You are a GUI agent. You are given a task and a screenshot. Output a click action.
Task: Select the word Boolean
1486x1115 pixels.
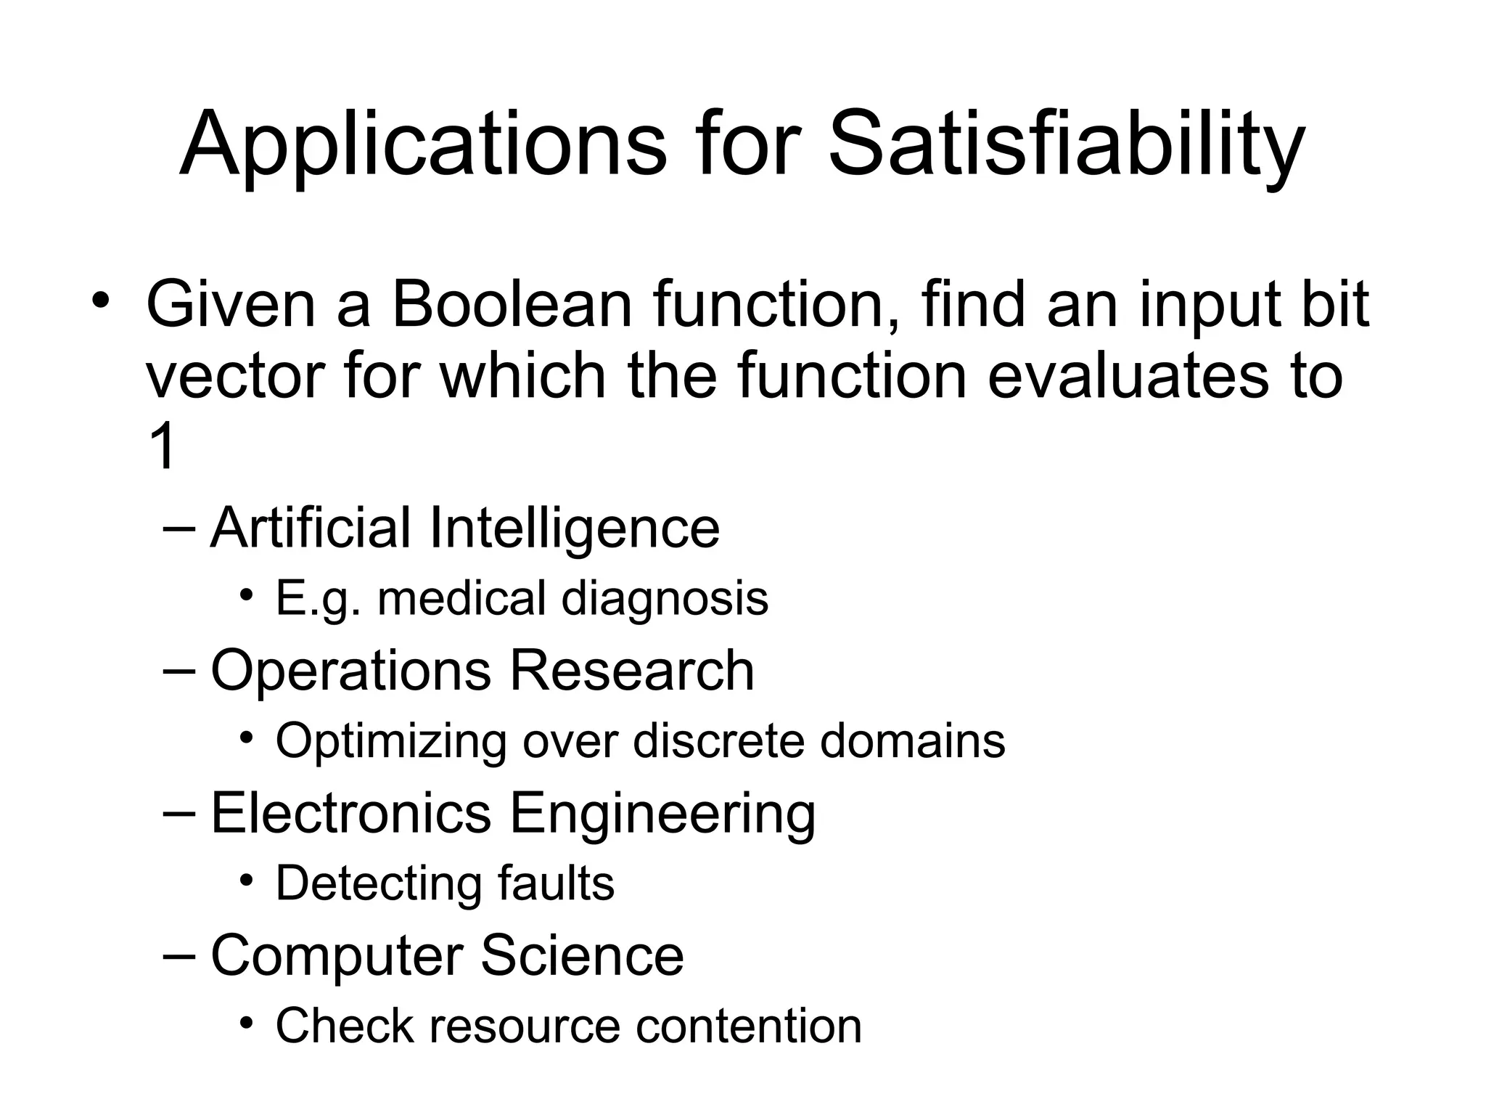click(512, 305)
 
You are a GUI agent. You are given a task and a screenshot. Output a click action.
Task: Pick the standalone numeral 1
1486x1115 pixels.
click(161, 446)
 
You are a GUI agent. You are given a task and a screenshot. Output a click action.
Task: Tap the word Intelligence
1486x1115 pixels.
click(574, 529)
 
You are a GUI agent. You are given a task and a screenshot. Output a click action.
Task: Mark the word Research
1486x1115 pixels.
click(631, 670)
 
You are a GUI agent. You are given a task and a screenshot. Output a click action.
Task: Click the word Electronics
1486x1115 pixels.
click(351, 812)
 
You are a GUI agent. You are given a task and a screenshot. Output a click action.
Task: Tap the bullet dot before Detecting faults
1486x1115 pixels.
click(247, 879)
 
